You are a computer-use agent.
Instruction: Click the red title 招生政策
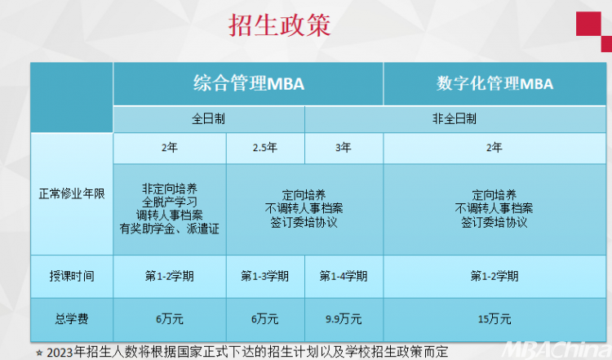279,25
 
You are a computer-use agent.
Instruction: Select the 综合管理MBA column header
249,83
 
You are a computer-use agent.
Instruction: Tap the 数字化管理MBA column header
494,83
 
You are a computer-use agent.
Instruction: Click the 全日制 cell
208,118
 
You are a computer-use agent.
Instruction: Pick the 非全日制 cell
455,118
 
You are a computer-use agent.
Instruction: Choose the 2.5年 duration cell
265,148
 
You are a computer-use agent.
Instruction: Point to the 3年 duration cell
344,148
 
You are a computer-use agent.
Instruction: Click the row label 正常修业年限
72,193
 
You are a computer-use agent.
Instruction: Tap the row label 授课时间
72,276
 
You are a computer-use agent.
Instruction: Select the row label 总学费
72,319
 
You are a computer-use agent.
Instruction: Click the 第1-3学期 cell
265,276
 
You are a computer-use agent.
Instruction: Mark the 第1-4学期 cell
344,276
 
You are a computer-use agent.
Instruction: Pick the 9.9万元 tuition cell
344,319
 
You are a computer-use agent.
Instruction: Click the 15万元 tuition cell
494,319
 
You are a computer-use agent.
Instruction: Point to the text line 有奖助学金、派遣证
170,229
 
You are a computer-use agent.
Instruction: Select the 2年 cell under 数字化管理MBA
494,148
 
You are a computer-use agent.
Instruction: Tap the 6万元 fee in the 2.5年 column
265,319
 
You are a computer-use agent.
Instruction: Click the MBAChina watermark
557,349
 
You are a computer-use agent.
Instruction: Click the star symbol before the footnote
39,353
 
